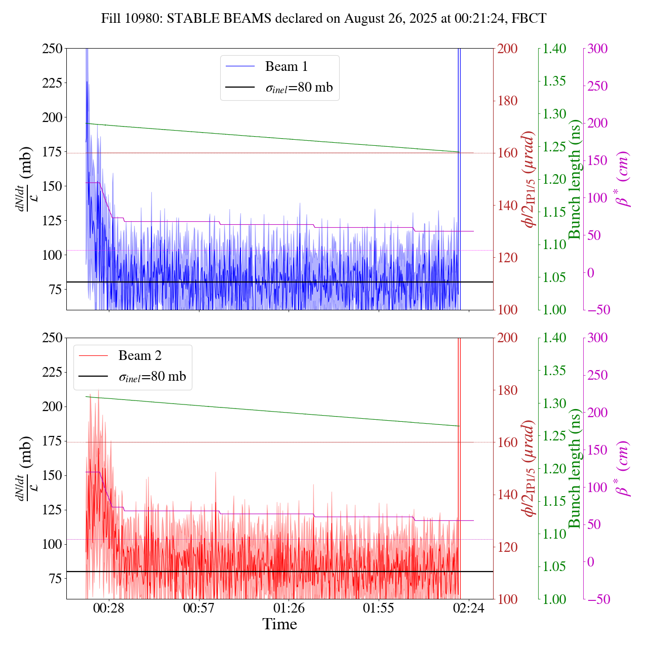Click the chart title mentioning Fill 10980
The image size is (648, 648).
click(323, 19)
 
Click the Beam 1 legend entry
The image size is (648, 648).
click(286, 66)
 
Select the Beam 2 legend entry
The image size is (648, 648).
click(140, 355)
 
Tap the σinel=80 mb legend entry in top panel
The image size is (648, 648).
click(299, 87)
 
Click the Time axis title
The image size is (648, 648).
click(279, 624)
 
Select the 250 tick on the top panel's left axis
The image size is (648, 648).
click(53, 49)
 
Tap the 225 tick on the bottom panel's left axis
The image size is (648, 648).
click(53, 372)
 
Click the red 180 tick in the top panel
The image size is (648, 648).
click(507, 101)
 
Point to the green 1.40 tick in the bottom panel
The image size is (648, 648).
click(555, 338)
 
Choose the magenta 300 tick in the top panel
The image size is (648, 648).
click(597, 49)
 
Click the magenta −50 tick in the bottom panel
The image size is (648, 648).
click(597, 599)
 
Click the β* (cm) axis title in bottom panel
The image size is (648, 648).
click(622, 468)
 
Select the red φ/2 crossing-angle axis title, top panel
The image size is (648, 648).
click(530, 179)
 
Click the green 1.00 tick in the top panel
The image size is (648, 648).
click(555, 310)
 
